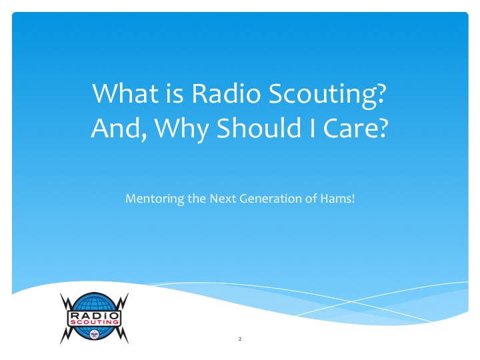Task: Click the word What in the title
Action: pyautogui.click(x=125, y=93)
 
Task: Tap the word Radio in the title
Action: pyautogui.click(x=226, y=93)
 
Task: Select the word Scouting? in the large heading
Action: pyautogui.click(x=327, y=95)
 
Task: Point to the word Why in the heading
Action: pyautogui.click(x=182, y=129)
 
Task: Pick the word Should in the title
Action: pyautogui.click(x=259, y=127)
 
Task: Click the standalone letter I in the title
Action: pyautogui.click(x=312, y=128)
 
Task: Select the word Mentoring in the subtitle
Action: pyautogui.click(x=155, y=199)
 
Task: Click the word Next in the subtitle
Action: pyautogui.click(x=223, y=199)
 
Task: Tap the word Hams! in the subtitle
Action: pyautogui.click(x=337, y=199)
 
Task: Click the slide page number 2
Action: pyautogui.click(x=240, y=339)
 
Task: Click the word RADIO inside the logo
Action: pyautogui.click(x=94, y=315)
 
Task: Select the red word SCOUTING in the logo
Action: pyautogui.click(x=94, y=322)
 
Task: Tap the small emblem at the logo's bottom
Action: pyautogui.click(x=94, y=334)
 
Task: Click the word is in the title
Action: pyautogui.click(x=175, y=93)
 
